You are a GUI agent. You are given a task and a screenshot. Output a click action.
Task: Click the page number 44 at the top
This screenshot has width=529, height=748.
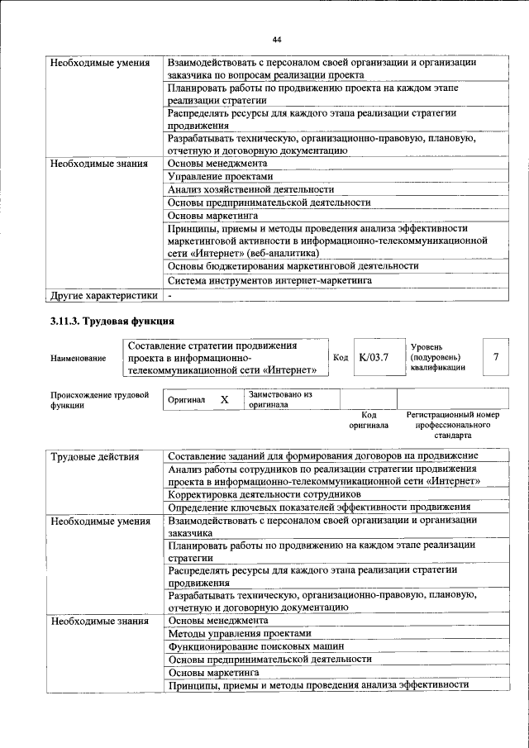coord(277,40)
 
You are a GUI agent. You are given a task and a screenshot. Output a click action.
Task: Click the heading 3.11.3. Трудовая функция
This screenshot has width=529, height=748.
coord(112,321)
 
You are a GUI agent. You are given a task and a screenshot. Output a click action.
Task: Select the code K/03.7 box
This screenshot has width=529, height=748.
coord(374,357)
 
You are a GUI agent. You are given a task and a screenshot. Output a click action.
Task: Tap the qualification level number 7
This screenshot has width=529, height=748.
coord(495,357)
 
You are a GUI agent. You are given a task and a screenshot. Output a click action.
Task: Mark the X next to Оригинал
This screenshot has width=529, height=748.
coord(223,400)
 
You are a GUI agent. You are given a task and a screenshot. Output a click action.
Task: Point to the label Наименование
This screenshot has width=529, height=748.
coord(79,358)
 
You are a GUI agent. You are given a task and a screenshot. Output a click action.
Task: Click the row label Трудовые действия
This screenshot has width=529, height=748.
coord(94,456)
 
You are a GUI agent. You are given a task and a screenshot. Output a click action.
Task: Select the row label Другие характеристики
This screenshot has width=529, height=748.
coord(102,295)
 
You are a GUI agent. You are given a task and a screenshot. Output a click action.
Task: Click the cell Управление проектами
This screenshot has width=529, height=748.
coord(219,176)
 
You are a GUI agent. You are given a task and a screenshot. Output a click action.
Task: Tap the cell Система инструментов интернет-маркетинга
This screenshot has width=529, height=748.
coord(269,280)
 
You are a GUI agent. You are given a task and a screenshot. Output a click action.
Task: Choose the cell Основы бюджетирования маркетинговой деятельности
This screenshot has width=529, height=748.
coord(293,266)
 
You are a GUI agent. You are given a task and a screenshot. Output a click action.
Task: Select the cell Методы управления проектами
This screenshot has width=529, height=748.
coord(240,632)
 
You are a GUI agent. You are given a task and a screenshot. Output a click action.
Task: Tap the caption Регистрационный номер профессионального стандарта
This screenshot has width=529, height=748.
coord(453,424)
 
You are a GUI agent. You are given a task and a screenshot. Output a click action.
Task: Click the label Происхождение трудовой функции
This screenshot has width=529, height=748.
coord(99,400)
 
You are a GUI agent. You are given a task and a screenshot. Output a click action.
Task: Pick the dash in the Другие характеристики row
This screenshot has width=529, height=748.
coord(169,295)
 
